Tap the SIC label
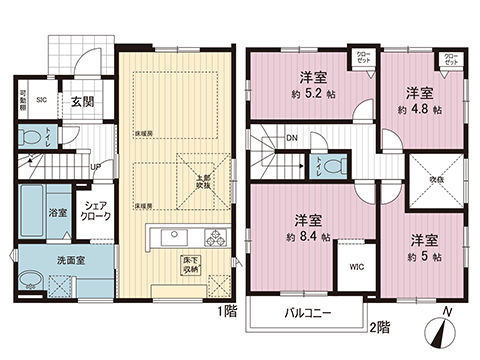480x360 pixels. coord(43,100)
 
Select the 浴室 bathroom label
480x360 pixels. coord(58,213)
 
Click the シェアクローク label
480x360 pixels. coord(96,212)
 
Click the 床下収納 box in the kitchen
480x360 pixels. coord(190,264)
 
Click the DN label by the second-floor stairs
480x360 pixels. coord(291,138)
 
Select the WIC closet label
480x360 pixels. coord(356,267)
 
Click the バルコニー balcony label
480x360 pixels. coord(308,313)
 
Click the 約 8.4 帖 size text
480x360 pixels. coord(308,238)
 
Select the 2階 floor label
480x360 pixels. coord(378,324)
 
